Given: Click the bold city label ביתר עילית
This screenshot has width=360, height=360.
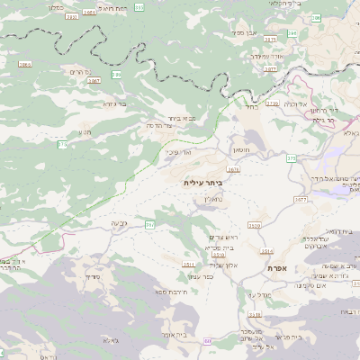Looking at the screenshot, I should click(202, 183).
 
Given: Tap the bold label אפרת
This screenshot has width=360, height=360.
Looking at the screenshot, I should click(275, 268).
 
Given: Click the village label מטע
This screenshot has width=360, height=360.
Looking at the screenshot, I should click(85, 132).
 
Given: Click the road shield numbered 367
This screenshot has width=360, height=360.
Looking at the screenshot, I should click(150, 224).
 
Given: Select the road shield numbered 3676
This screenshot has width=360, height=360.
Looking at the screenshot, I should click(233, 168).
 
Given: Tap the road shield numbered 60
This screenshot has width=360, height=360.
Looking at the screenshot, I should click(208, 342).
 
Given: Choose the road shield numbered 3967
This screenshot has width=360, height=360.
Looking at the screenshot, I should click(94, 81).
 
